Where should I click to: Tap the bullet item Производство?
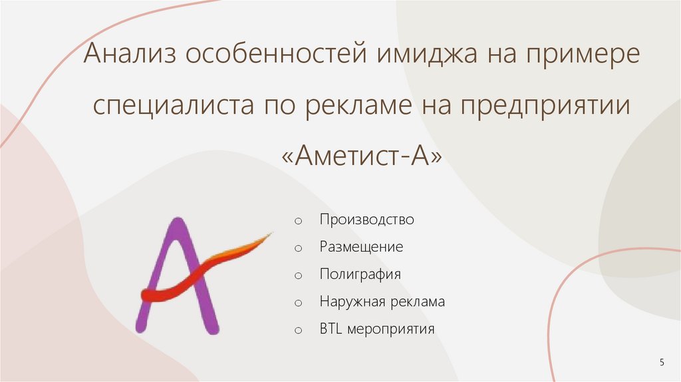[x=366, y=220]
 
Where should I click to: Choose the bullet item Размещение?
[x=361, y=247]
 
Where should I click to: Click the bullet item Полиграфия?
[x=360, y=274]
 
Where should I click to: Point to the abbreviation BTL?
[x=329, y=329]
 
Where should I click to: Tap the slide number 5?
[x=661, y=361]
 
